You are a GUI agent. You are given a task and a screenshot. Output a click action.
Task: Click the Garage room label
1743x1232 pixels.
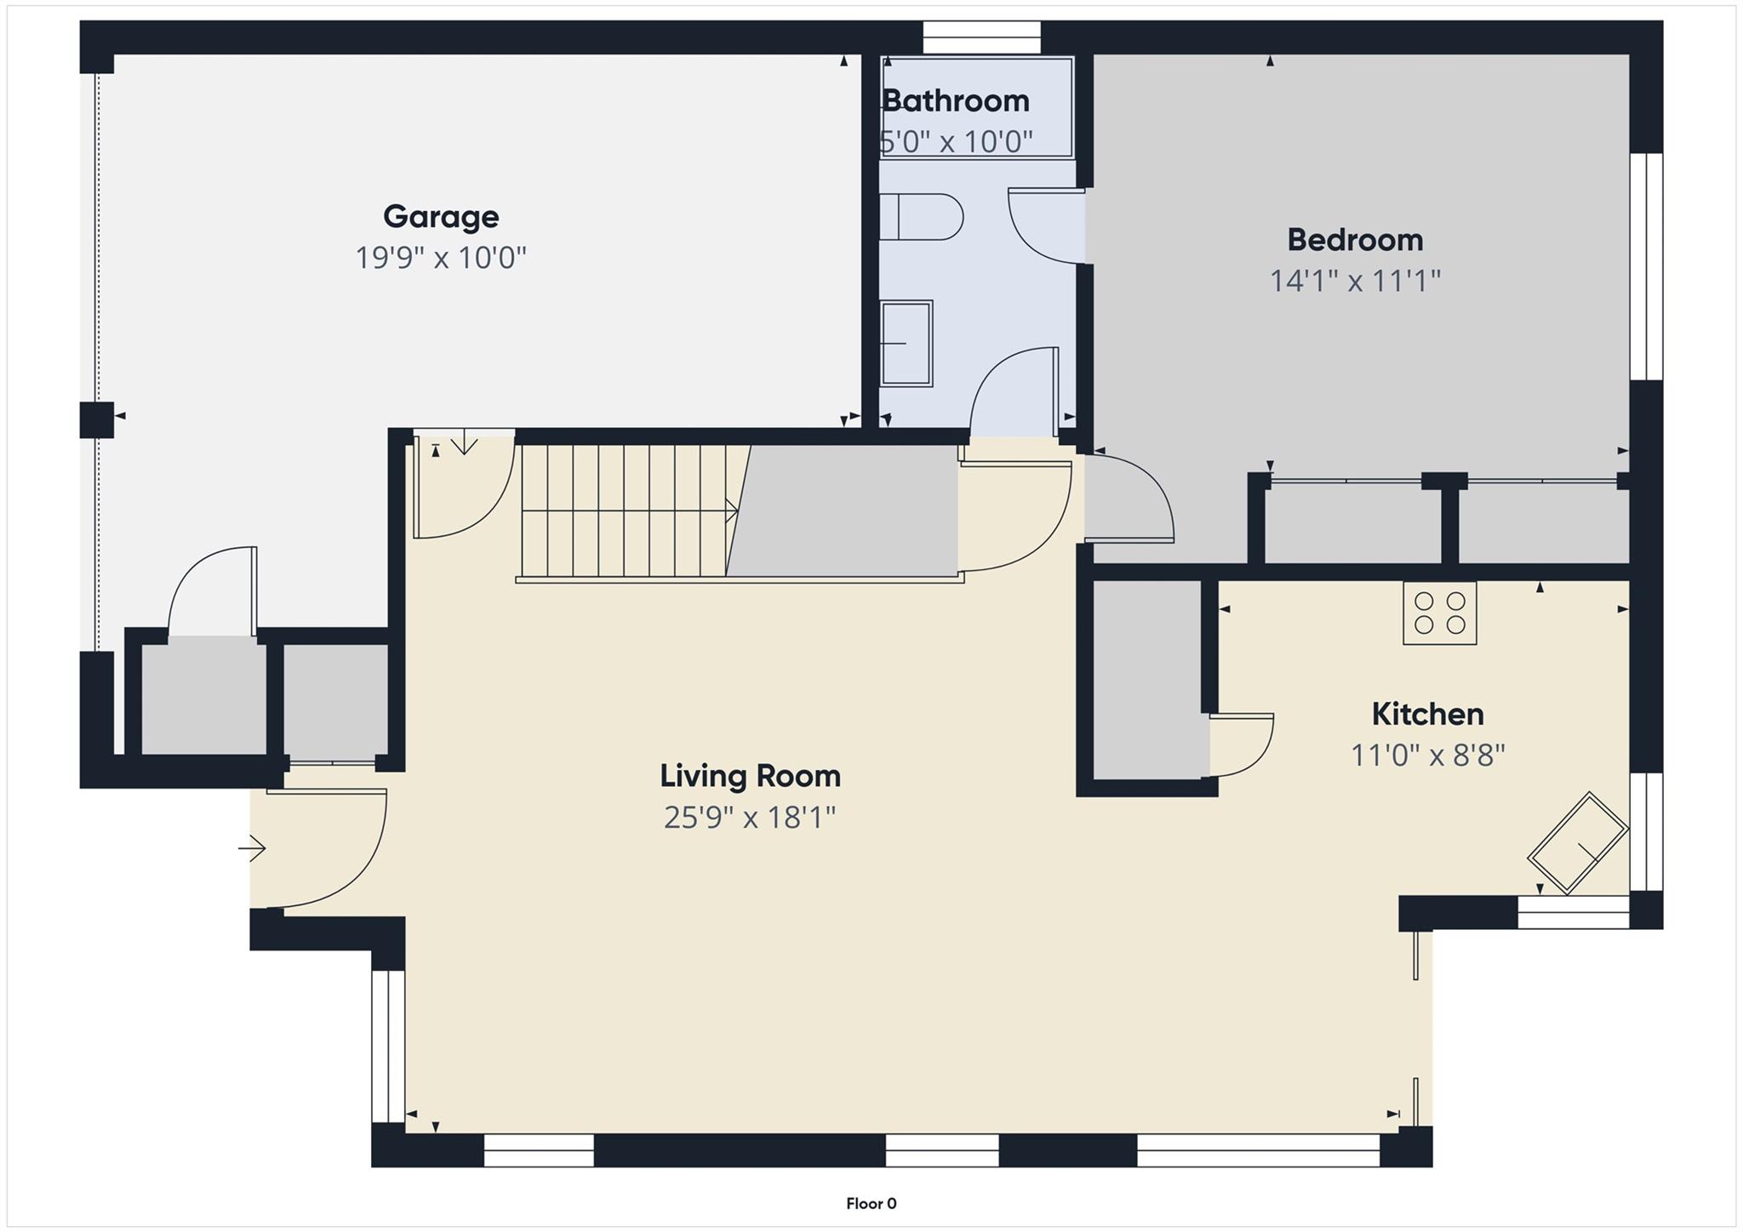coord(441,216)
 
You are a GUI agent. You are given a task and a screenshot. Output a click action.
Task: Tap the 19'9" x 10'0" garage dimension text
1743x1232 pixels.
coord(441,257)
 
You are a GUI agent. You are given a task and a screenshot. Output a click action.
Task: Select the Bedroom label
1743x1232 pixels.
coord(1355,240)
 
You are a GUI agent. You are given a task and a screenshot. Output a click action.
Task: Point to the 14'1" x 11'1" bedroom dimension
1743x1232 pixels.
coord(1355,281)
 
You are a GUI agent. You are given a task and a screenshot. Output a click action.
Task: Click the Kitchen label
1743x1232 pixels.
coord(1427,714)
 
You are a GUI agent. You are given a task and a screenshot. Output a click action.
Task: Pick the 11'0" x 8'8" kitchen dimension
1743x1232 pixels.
coord(1427,755)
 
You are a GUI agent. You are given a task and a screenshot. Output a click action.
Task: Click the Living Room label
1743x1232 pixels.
coord(750,776)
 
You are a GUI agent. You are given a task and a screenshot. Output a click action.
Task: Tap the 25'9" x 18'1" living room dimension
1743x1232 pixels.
coord(750,818)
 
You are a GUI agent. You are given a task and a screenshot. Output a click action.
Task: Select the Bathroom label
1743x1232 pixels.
coord(956,100)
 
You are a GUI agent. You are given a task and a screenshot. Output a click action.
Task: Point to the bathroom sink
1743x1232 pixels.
coord(906,343)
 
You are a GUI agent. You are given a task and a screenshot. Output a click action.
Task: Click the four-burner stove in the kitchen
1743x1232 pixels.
coord(1439,613)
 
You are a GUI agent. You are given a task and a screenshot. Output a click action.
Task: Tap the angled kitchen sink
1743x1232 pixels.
coord(1578,843)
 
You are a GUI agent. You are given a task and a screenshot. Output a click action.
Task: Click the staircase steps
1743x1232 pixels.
coord(626,510)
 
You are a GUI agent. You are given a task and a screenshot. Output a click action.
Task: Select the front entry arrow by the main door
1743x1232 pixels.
coord(252,848)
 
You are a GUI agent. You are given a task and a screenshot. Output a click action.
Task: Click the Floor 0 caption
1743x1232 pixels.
coord(871,1203)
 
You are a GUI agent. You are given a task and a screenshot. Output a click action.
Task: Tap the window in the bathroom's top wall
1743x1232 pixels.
coord(981,37)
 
